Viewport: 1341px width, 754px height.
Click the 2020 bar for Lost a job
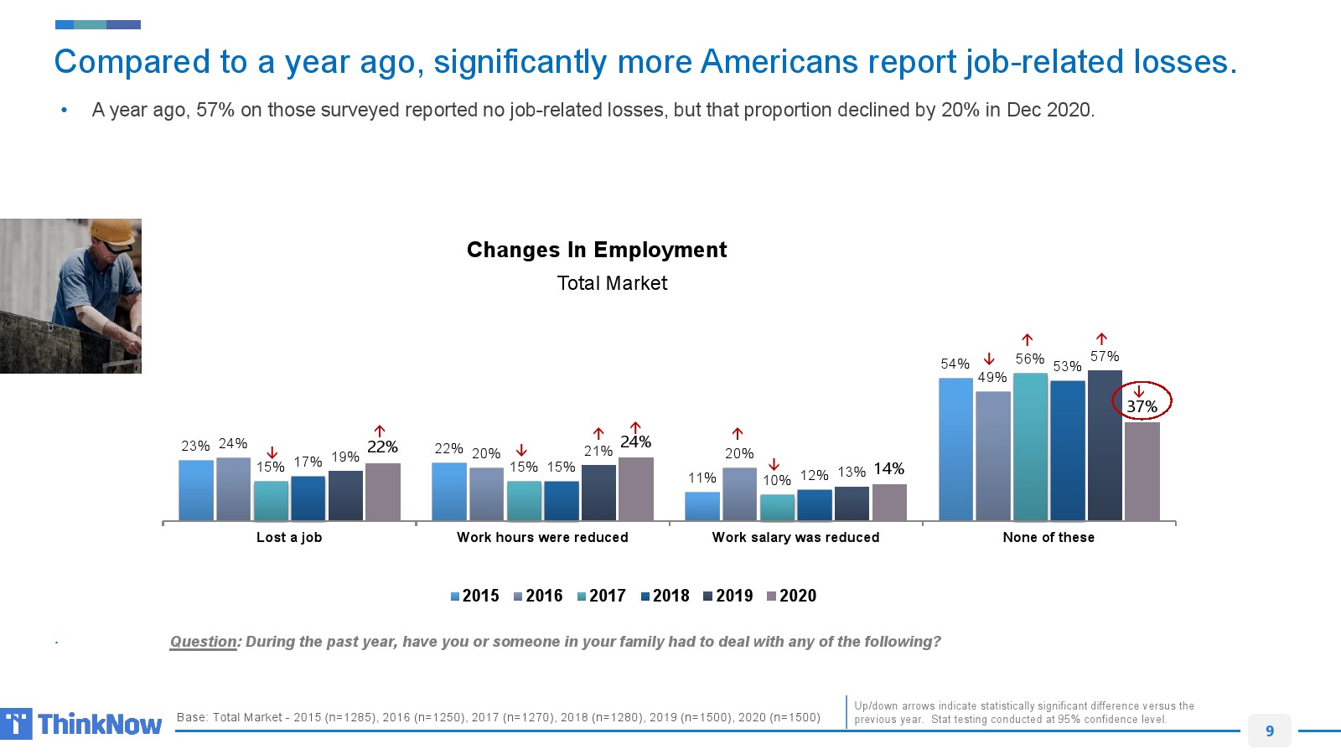tap(383, 492)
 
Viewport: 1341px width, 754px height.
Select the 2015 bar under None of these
tap(955, 449)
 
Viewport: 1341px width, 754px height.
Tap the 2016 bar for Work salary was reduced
tap(739, 494)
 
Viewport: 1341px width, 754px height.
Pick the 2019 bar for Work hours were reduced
tap(598, 493)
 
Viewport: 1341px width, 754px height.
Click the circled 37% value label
tap(1142, 406)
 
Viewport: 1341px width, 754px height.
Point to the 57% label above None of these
tap(1105, 356)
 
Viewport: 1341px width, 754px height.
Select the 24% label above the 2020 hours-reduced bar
tap(635, 442)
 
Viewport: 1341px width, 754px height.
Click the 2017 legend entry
tap(601, 596)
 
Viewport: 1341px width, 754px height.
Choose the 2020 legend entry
tap(791, 596)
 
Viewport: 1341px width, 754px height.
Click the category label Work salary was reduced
tap(795, 537)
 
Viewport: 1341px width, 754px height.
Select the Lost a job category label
tap(289, 537)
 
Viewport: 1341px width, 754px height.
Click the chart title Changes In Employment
tap(597, 250)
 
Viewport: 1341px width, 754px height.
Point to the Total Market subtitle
tap(612, 283)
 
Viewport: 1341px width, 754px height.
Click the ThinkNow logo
tap(82, 724)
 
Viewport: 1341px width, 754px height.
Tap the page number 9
tap(1269, 731)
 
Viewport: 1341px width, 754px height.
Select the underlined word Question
tap(204, 642)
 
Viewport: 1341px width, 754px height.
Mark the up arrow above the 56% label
tap(1028, 340)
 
